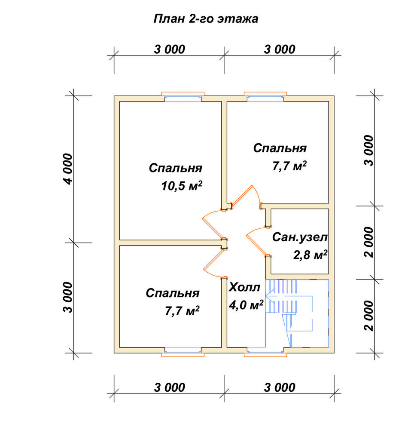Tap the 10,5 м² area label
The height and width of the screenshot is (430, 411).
[x=182, y=186]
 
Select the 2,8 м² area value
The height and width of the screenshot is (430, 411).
[x=310, y=255]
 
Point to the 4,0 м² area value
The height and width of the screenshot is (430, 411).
[x=246, y=305]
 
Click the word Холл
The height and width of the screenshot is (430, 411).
[x=244, y=287]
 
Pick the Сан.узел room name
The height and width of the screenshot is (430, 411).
[x=300, y=237]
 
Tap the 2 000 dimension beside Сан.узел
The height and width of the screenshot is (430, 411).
[x=369, y=242]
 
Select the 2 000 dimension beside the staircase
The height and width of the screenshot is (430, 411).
[x=369, y=316]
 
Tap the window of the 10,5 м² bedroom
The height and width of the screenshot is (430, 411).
[x=183, y=97]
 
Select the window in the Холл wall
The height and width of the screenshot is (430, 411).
[x=265, y=352]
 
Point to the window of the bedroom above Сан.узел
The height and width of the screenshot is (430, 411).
[x=265, y=97]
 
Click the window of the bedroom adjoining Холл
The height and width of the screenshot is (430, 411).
[x=183, y=352]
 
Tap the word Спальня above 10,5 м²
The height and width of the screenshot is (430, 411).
[x=176, y=168]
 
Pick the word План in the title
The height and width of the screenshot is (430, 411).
[x=169, y=19]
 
